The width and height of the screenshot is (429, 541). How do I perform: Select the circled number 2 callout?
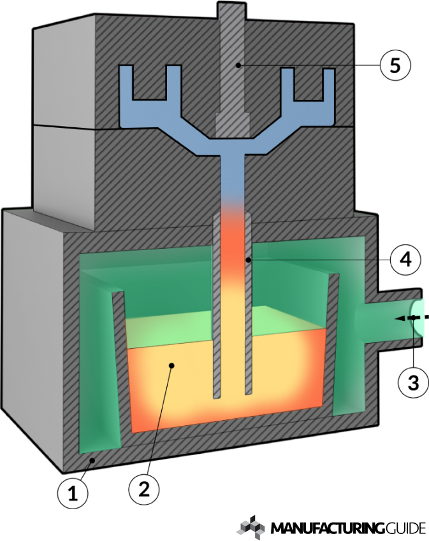(x=144, y=488)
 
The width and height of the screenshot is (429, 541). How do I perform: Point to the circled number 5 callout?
(x=393, y=65)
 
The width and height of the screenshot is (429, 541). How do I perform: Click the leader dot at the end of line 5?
(x=236, y=65)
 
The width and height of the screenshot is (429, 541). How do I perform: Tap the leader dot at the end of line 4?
(x=248, y=260)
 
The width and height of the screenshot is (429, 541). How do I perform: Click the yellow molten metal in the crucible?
(x=178, y=382)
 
